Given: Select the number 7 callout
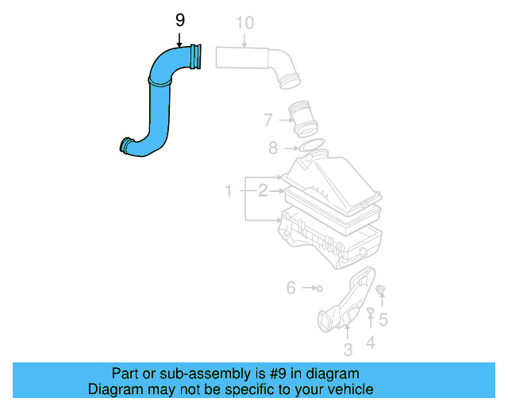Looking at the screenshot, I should coord(268,121).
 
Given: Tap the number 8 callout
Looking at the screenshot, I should coord(273,147).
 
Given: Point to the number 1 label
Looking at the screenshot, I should coord(228,191).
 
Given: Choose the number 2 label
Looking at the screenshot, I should coord(261,190).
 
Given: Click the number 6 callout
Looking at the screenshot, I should coord(291,288).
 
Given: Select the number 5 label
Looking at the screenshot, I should coord(383,320).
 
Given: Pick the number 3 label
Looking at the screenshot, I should coord(348,350).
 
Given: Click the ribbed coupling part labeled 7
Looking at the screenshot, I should coord(306,119).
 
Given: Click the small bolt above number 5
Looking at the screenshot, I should coord(382,292).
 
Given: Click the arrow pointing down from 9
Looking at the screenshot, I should coord(179,38).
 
